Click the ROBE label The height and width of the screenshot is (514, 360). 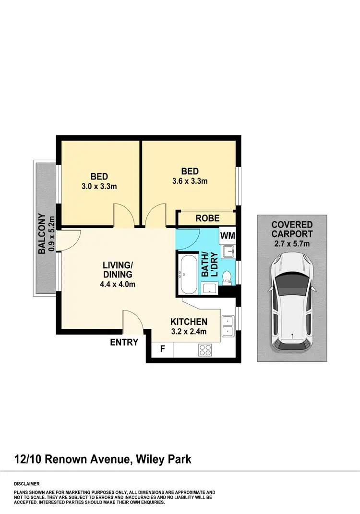click(x=207, y=218)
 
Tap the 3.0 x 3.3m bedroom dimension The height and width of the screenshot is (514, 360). click(x=99, y=186)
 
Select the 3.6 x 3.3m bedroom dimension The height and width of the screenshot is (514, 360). click(x=190, y=181)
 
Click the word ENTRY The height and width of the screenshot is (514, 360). click(x=124, y=342)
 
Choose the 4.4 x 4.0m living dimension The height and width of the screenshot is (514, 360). click(x=117, y=284)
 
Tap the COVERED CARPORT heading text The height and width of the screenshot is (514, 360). click(x=292, y=229)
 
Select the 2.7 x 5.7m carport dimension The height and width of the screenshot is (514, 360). click(x=292, y=244)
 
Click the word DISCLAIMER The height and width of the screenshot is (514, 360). click(x=26, y=484)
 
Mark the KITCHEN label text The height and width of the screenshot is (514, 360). click(x=189, y=322)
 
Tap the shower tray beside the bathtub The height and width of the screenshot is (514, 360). click(x=209, y=288)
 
